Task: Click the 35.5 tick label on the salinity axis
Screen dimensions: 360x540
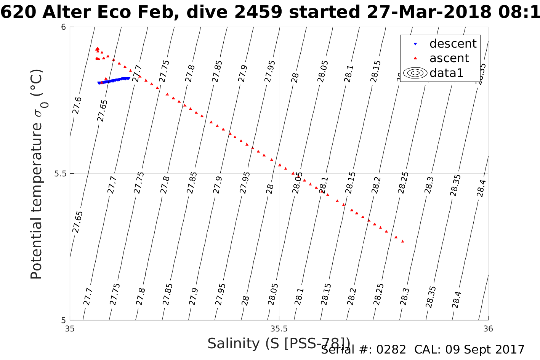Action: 279,328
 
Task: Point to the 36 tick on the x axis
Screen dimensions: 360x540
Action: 488,328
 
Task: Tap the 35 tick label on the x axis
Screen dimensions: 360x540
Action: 70,328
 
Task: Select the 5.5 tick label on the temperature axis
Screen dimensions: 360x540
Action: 60,174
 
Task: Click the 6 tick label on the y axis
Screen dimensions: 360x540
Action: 64,27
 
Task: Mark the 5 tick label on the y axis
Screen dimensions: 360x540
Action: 64,320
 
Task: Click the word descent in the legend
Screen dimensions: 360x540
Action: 453,44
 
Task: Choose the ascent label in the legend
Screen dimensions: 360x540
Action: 449,58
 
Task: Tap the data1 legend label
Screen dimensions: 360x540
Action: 446,73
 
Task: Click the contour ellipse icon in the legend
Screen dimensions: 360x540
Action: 415,73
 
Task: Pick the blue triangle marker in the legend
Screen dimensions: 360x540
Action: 415,44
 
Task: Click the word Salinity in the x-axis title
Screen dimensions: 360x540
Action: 234,344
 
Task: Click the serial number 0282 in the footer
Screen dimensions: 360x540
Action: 391,350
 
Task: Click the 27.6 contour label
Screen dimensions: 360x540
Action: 77,105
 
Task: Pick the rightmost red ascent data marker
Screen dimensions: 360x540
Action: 402,241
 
